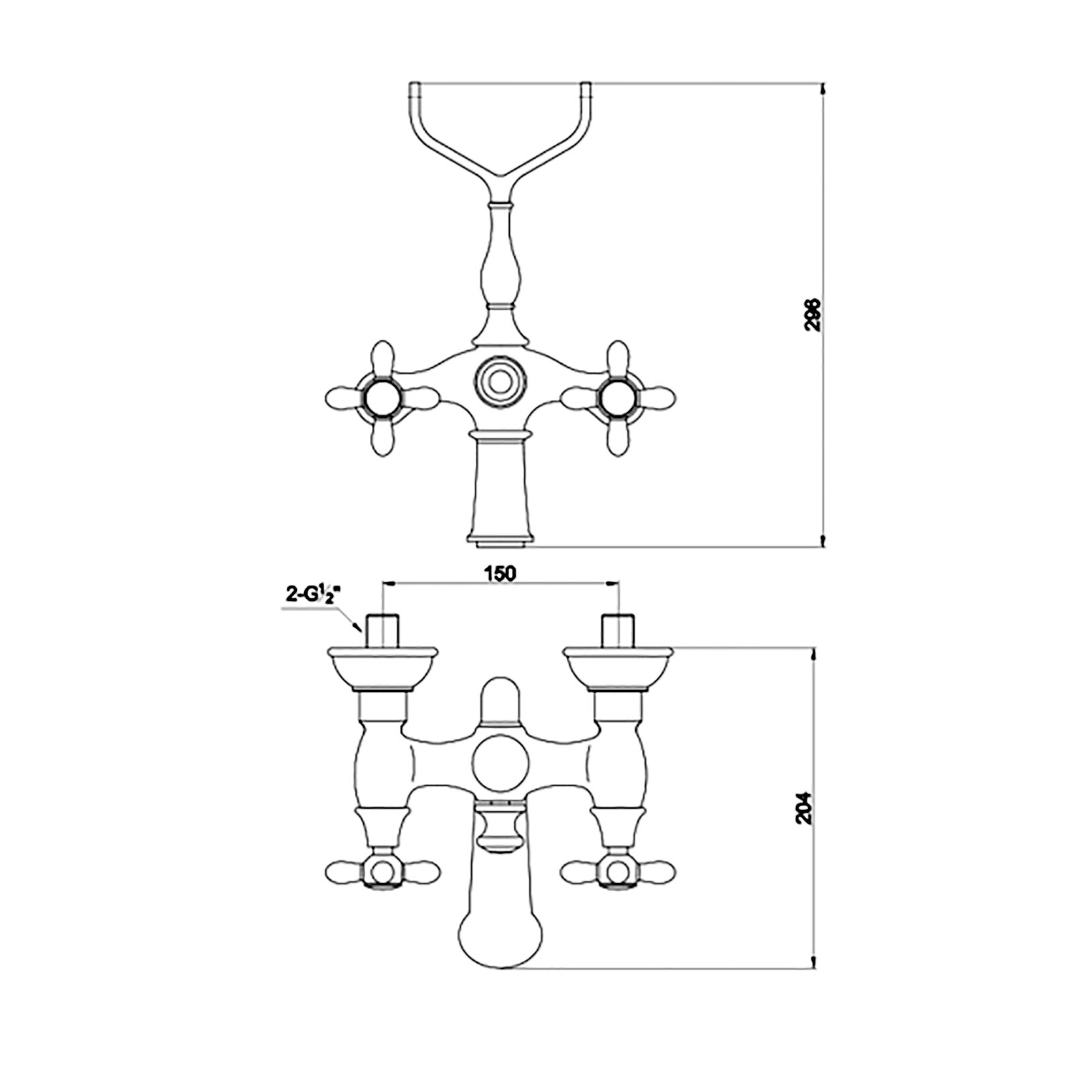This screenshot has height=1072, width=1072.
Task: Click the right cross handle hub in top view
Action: click(x=617, y=399)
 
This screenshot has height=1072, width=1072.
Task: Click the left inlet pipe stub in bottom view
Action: click(x=383, y=630)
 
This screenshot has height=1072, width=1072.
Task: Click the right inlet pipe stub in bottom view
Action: click(x=617, y=630)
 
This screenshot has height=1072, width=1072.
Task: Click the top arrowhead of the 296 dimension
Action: click(x=823, y=88)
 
